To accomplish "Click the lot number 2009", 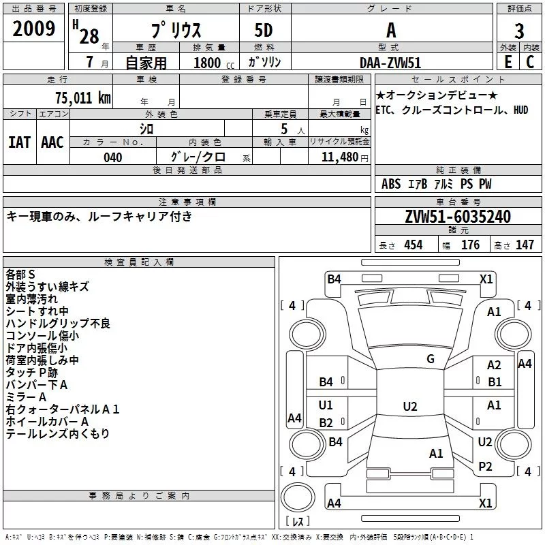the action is [33, 29].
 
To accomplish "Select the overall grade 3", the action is [519, 31].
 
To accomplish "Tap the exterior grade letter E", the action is [508, 62].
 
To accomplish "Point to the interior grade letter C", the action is [530, 62].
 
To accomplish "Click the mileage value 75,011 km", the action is [83, 98].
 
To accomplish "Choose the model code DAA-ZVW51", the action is [390, 63].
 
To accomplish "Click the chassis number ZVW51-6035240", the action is [458, 217].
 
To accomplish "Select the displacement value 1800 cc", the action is [214, 63].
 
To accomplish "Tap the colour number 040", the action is [113, 157].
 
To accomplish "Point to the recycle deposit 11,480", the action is [339, 157].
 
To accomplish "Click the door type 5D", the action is [264, 31].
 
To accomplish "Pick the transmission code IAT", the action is [19, 142].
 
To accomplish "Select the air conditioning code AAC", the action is [52, 142].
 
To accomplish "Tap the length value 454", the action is [414, 245].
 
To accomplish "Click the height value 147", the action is [525, 245].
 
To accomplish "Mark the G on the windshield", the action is [431, 359].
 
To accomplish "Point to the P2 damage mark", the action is [485, 467].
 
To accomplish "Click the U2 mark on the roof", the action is [410, 406].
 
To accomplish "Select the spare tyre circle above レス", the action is [298, 497].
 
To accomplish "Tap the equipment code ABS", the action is [391, 184].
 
